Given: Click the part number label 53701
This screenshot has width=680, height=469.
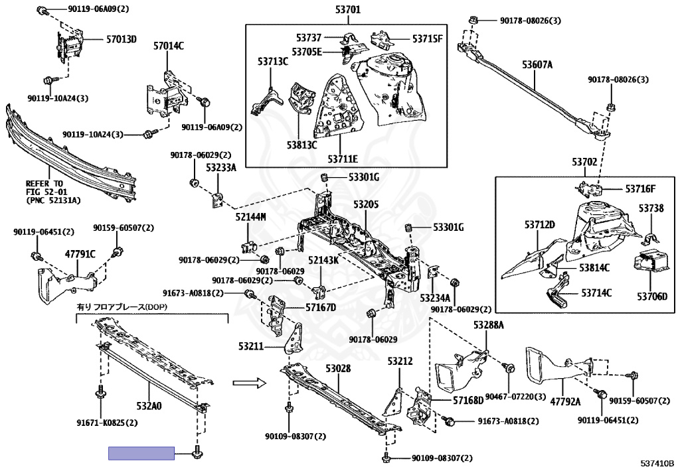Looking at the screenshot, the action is (348, 9).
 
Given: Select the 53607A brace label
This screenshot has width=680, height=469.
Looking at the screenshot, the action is (537, 65).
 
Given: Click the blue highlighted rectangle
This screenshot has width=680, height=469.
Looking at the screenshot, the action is (141, 453).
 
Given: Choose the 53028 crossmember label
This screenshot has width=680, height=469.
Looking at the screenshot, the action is (338, 369).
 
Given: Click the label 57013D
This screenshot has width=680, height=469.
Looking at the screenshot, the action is (122, 39).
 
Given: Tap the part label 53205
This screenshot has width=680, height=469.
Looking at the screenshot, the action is (366, 204).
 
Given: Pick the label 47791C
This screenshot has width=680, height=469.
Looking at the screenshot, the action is (80, 254).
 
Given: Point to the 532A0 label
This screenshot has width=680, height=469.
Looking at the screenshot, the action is (149, 406).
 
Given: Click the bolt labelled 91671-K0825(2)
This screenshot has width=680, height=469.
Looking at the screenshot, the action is (101, 394).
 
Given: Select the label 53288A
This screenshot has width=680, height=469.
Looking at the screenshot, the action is (488, 325).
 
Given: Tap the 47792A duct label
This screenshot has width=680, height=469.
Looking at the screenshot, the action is (565, 402).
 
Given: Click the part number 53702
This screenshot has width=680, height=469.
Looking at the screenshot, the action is (584, 162).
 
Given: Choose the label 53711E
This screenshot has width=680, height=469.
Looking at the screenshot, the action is (343, 159).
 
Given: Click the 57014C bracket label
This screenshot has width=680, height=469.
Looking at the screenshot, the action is (168, 46).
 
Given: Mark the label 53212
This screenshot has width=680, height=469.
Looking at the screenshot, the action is (400, 361).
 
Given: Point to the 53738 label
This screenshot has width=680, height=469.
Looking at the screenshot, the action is (651, 209).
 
